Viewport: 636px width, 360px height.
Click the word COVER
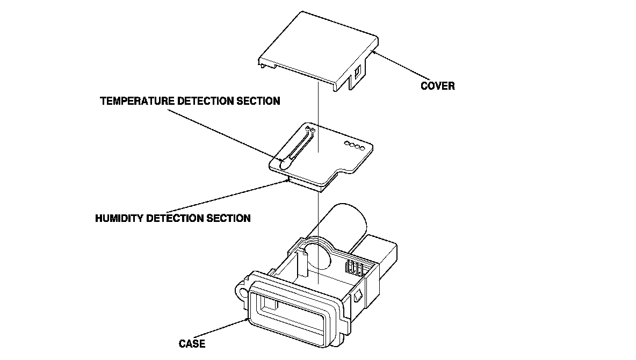click(437, 86)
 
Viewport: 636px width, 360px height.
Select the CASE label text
click(192, 344)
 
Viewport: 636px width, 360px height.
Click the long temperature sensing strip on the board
click(297, 146)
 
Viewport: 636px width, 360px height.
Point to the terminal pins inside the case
click(354, 267)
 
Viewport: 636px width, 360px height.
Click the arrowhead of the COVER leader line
click(372, 52)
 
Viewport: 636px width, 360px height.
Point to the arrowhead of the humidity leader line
click(288, 181)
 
